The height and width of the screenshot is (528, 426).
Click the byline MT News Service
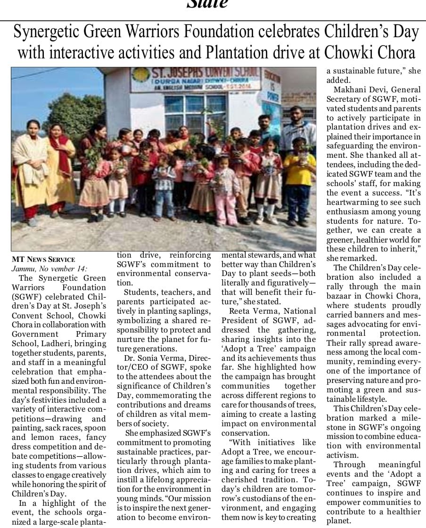tap(43, 260)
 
